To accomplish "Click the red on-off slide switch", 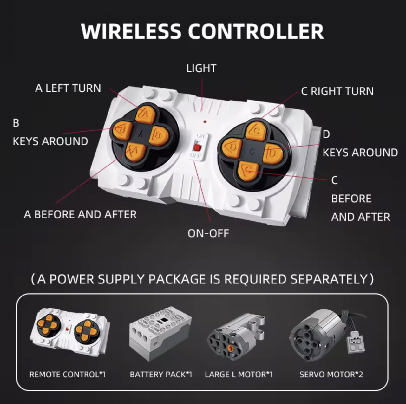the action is coord(197,148).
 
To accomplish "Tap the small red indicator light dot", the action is coord(205,121).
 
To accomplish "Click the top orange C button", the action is coord(256,131).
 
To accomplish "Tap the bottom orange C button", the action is coord(248,172).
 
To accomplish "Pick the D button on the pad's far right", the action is coord(273,154).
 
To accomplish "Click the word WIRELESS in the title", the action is coord(131,31).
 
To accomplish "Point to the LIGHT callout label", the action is coord(201,68).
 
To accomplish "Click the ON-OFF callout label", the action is coord(208,233).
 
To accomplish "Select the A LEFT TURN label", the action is coord(68,88).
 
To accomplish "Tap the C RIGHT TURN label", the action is coord(337,91).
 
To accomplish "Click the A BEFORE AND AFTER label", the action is coord(80,214).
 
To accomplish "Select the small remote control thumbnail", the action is coord(70,331).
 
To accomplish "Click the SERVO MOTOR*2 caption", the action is coord(331,375).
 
